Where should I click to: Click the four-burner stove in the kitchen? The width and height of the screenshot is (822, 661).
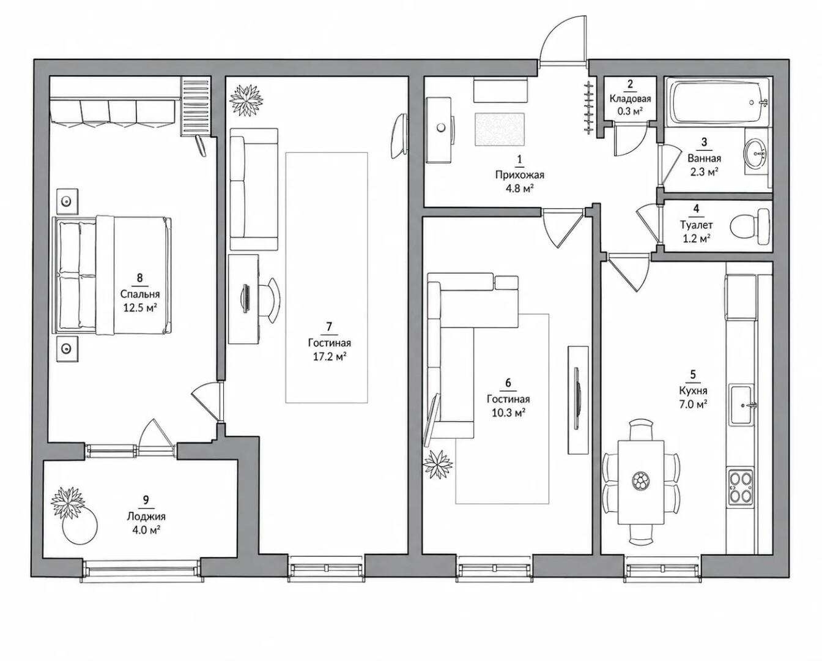coord(741,491)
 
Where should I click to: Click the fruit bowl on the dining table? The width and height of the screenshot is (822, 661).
coord(640,480)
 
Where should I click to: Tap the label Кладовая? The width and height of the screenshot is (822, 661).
coord(630,99)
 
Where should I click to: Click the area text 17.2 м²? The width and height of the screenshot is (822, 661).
coord(330,357)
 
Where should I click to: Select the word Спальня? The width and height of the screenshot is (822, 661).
coord(140,294)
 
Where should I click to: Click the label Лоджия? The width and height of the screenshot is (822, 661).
coord(146,517)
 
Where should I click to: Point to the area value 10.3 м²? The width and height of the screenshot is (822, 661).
coord(508,413)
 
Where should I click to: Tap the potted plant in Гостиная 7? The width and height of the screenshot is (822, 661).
coord(246,101)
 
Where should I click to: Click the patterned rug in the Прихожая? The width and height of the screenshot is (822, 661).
coord(500,129)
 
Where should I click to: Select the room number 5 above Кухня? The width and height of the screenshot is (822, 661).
coord(693,375)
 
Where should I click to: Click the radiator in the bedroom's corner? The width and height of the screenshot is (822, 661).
coord(196,106)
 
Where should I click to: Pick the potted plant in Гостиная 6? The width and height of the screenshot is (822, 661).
coord(437,465)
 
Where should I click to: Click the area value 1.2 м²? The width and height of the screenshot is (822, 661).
coord(697,239)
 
